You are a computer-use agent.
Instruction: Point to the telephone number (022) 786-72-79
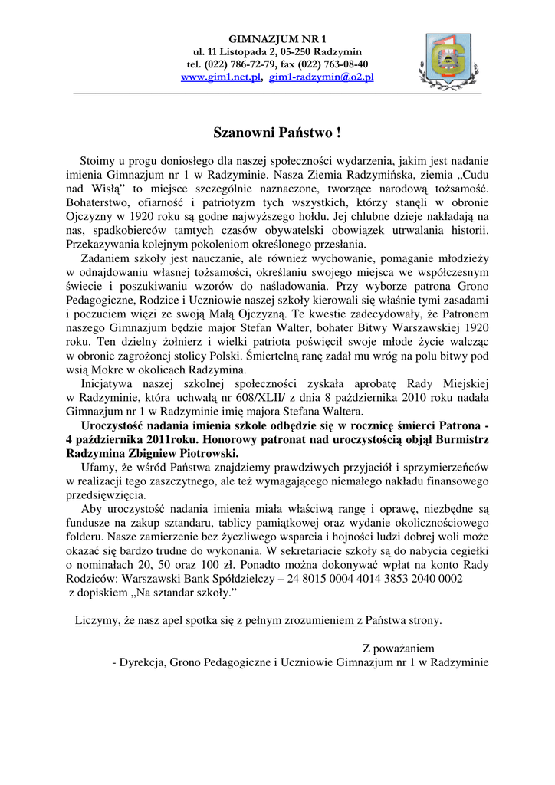click(245, 65)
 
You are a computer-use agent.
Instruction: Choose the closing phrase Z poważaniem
click(399, 648)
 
